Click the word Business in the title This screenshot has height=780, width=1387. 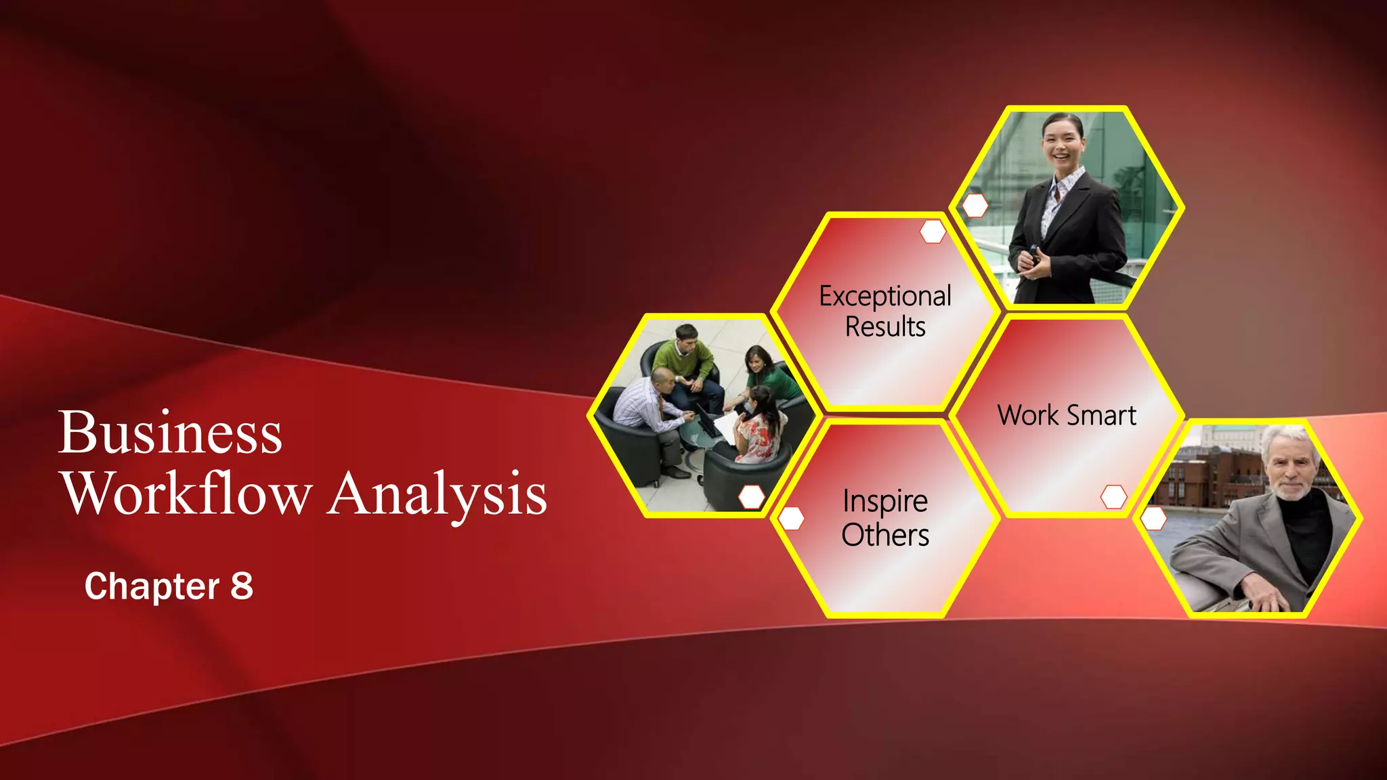[x=170, y=433]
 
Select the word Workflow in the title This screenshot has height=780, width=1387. [x=188, y=494]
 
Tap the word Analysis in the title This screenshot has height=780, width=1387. [x=438, y=494]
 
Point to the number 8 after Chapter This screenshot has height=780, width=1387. [x=242, y=586]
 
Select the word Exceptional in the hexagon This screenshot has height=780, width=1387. [x=885, y=297]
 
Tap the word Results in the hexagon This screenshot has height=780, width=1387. [x=885, y=327]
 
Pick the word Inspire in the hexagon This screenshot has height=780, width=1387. [x=885, y=502]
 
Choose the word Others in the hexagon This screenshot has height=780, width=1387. [x=885, y=535]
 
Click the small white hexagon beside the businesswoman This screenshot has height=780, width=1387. [x=975, y=206]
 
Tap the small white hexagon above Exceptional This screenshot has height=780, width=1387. [x=933, y=232]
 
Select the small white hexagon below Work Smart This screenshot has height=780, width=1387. [x=1113, y=496]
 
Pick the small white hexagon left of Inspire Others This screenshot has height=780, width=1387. [x=791, y=519]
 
